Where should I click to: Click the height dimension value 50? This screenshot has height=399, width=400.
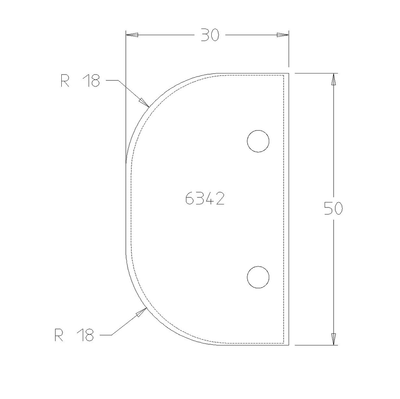click(333, 209)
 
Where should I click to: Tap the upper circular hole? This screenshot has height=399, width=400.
click(258, 141)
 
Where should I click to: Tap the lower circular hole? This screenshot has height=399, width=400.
click(258, 277)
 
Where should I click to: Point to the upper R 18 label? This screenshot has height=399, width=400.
click(80, 81)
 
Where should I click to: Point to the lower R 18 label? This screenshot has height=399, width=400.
click(74, 335)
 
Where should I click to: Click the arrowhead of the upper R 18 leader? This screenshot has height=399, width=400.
click(144, 102)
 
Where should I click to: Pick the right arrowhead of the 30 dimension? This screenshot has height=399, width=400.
click(282, 35)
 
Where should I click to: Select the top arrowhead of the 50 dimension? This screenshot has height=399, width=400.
click(333, 79)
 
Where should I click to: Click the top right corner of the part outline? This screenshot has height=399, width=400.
click(288, 73)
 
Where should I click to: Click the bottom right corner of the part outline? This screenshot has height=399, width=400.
click(288, 345)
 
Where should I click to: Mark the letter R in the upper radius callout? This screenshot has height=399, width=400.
click(65, 81)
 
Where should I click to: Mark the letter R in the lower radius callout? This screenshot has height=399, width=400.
click(59, 335)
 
